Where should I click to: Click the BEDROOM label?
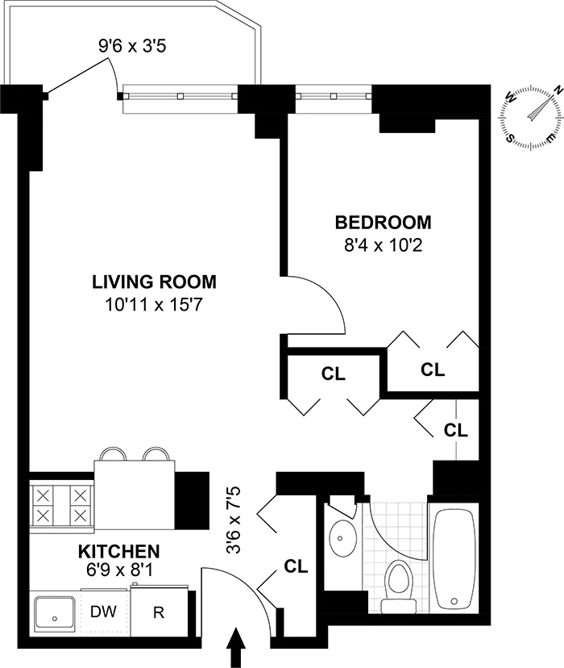[383, 222]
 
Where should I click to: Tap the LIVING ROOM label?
[153, 282]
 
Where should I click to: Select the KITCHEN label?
[118, 552]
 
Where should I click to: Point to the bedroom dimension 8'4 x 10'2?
[383, 244]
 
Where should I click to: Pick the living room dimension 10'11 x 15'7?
[153, 304]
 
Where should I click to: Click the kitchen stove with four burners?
[60, 504]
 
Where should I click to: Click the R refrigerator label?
[159, 612]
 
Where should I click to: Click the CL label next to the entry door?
[296, 566]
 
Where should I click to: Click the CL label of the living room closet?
[333, 374]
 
